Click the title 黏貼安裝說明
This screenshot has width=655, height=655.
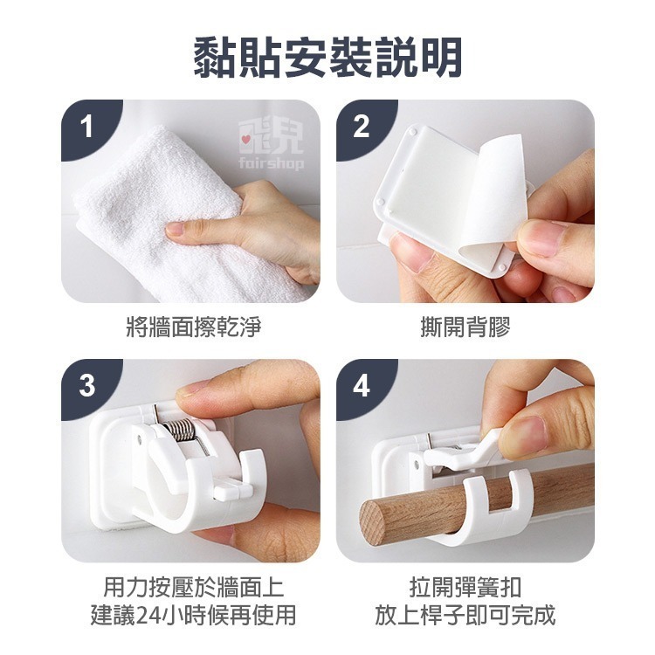327,58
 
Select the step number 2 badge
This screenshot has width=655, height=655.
361,126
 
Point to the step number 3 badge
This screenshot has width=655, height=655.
86,385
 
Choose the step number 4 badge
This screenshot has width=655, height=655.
361,385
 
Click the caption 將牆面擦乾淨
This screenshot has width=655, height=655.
193,327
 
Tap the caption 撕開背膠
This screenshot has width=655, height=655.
465,327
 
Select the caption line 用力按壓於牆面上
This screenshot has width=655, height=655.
193,587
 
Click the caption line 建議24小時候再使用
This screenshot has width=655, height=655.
193,615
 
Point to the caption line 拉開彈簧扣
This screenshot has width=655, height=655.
465,587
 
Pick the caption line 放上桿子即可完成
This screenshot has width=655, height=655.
465,615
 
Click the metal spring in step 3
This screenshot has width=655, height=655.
180,431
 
